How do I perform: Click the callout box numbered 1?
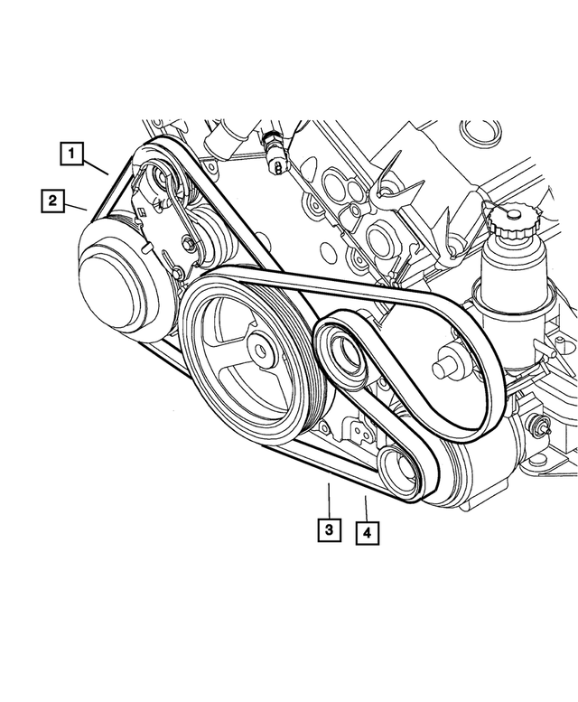click(x=73, y=154)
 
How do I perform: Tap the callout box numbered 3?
click(x=329, y=529)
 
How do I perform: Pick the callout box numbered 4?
click(x=367, y=533)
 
